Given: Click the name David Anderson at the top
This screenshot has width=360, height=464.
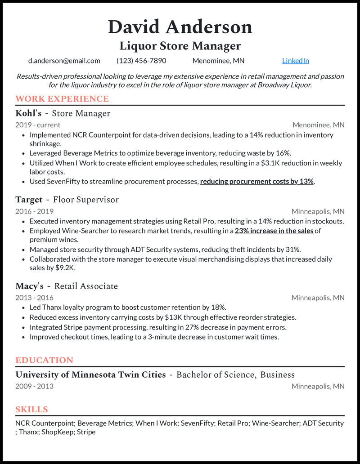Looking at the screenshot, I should [x=180, y=27].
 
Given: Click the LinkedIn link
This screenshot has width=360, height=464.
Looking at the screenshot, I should [x=295, y=61].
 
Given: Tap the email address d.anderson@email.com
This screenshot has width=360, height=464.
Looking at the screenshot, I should [x=64, y=61].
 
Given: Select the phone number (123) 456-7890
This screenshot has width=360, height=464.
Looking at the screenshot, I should [x=141, y=61].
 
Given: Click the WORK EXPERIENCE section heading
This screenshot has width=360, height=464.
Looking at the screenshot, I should [x=62, y=99].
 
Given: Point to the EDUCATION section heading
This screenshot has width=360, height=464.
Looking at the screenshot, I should [x=44, y=360].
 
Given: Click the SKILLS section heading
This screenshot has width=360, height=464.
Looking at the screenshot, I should [x=31, y=409].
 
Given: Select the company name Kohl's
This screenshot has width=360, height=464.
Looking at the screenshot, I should [x=28, y=113].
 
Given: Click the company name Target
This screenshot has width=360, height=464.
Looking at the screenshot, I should [x=29, y=200].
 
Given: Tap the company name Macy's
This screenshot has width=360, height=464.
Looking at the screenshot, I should [x=29, y=286].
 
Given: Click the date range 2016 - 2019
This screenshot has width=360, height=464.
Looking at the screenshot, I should [x=34, y=211].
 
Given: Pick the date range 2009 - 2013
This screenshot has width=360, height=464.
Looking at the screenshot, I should [x=34, y=386].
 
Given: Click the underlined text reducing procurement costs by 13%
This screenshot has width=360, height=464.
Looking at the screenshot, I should [x=256, y=182].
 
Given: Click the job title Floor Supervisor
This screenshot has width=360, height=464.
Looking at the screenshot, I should [x=86, y=200].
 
